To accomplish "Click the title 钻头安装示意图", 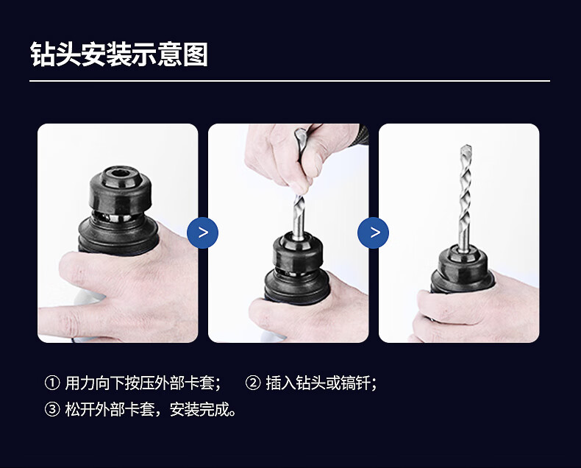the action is (119, 54).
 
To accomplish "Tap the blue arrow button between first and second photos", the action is (203, 233).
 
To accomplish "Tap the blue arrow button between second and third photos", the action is (373, 233).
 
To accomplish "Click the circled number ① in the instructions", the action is (52, 383).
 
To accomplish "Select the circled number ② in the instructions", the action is (253, 383).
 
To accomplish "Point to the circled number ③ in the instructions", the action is (52, 409).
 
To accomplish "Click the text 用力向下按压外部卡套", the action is (139, 383).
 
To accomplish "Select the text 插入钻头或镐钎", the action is (318, 383).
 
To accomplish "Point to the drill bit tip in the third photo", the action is (466, 147).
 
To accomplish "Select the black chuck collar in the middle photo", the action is (298, 254).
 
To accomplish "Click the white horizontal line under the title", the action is (290, 80).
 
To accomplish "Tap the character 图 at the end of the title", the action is (196, 54).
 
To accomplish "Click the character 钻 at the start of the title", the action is (43, 54).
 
